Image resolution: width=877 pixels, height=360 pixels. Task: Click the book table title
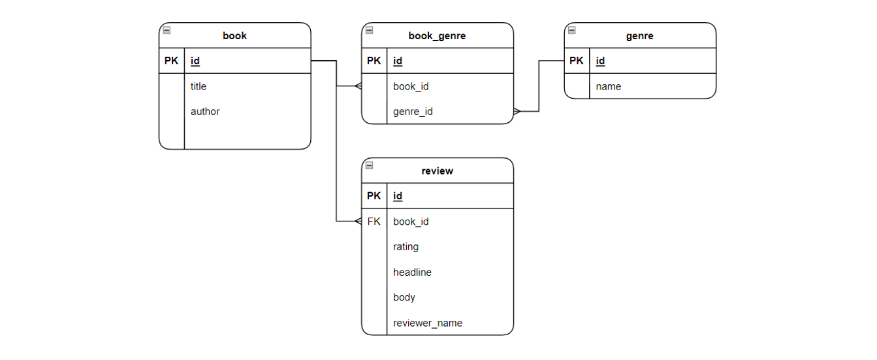pyautogui.click(x=234, y=36)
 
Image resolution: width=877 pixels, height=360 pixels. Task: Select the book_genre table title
pyautogui.click(x=437, y=36)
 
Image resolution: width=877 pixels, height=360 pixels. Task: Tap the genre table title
pyautogui.click(x=639, y=36)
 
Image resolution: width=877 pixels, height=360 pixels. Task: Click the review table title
pyautogui.click(x=437, y=171)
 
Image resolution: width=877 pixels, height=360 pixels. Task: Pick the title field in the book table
pyautogui.click(x=199, y=86)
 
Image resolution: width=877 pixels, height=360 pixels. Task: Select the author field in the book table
pyautogui.click(x=205, y=112)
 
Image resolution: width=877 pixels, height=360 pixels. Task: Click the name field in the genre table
pyautogui.click(x=608, y=86)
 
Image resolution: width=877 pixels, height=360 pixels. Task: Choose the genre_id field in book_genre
pyautogui.click(x=413, y=112)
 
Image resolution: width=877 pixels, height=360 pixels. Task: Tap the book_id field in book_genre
pyautogui.click(x=411, y=86)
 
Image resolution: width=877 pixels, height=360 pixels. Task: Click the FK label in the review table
pyautogui.click(x=374, y=221)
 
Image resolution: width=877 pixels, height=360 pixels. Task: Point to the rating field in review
pyautogui.click(x=406, y=247)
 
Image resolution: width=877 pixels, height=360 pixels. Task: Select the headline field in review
pyautogui.click(x=412, y=272)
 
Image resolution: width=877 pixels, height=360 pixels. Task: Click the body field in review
pyautogui.click(x=404, y=297)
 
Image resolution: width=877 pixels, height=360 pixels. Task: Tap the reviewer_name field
pyautogui.click(x=428, y=323)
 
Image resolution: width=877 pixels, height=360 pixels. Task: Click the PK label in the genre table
pyautogui.click(x=577, y=61)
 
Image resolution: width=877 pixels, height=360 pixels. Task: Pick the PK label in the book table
pyautogui.click(x=171, y=61)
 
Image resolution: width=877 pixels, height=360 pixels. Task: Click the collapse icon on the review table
pyautogui.click(x=370, y=165)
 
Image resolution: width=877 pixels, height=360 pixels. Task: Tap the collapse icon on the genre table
pyautogui.click(x=572, y=30)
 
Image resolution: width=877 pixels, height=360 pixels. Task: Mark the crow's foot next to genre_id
pyautogui.click(x=517, y=112)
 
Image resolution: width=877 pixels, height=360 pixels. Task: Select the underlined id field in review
pyautogui.click(x=398, y=196)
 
